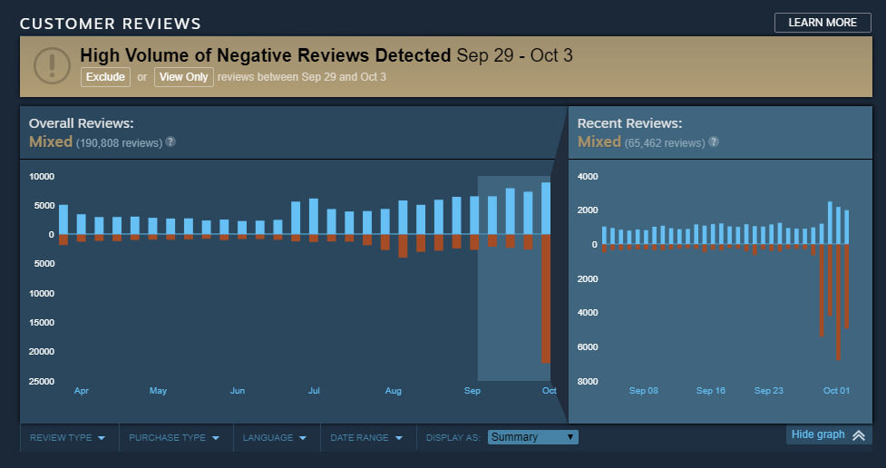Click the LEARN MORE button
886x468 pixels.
click(823, 23)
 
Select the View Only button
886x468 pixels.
click(183, 77)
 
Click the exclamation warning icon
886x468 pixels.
click(52, 65)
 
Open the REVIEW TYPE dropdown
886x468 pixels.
click(68, 437)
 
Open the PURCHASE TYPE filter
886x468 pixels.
click(174, 437)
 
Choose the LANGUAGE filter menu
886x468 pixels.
click(275, 437)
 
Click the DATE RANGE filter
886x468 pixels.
click(365, 437)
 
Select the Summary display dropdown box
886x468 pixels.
click(532, 437)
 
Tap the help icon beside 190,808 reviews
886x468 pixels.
click(170, 142)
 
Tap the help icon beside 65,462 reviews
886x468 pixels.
click(714, 142)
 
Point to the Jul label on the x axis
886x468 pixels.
click(314, 391)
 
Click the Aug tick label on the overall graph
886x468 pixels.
click(394, 391)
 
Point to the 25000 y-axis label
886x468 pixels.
click(42, 381)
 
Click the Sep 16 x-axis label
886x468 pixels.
click(711, 391)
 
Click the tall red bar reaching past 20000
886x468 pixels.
click(546, 299)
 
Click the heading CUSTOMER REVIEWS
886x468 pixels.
click(111, 24)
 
